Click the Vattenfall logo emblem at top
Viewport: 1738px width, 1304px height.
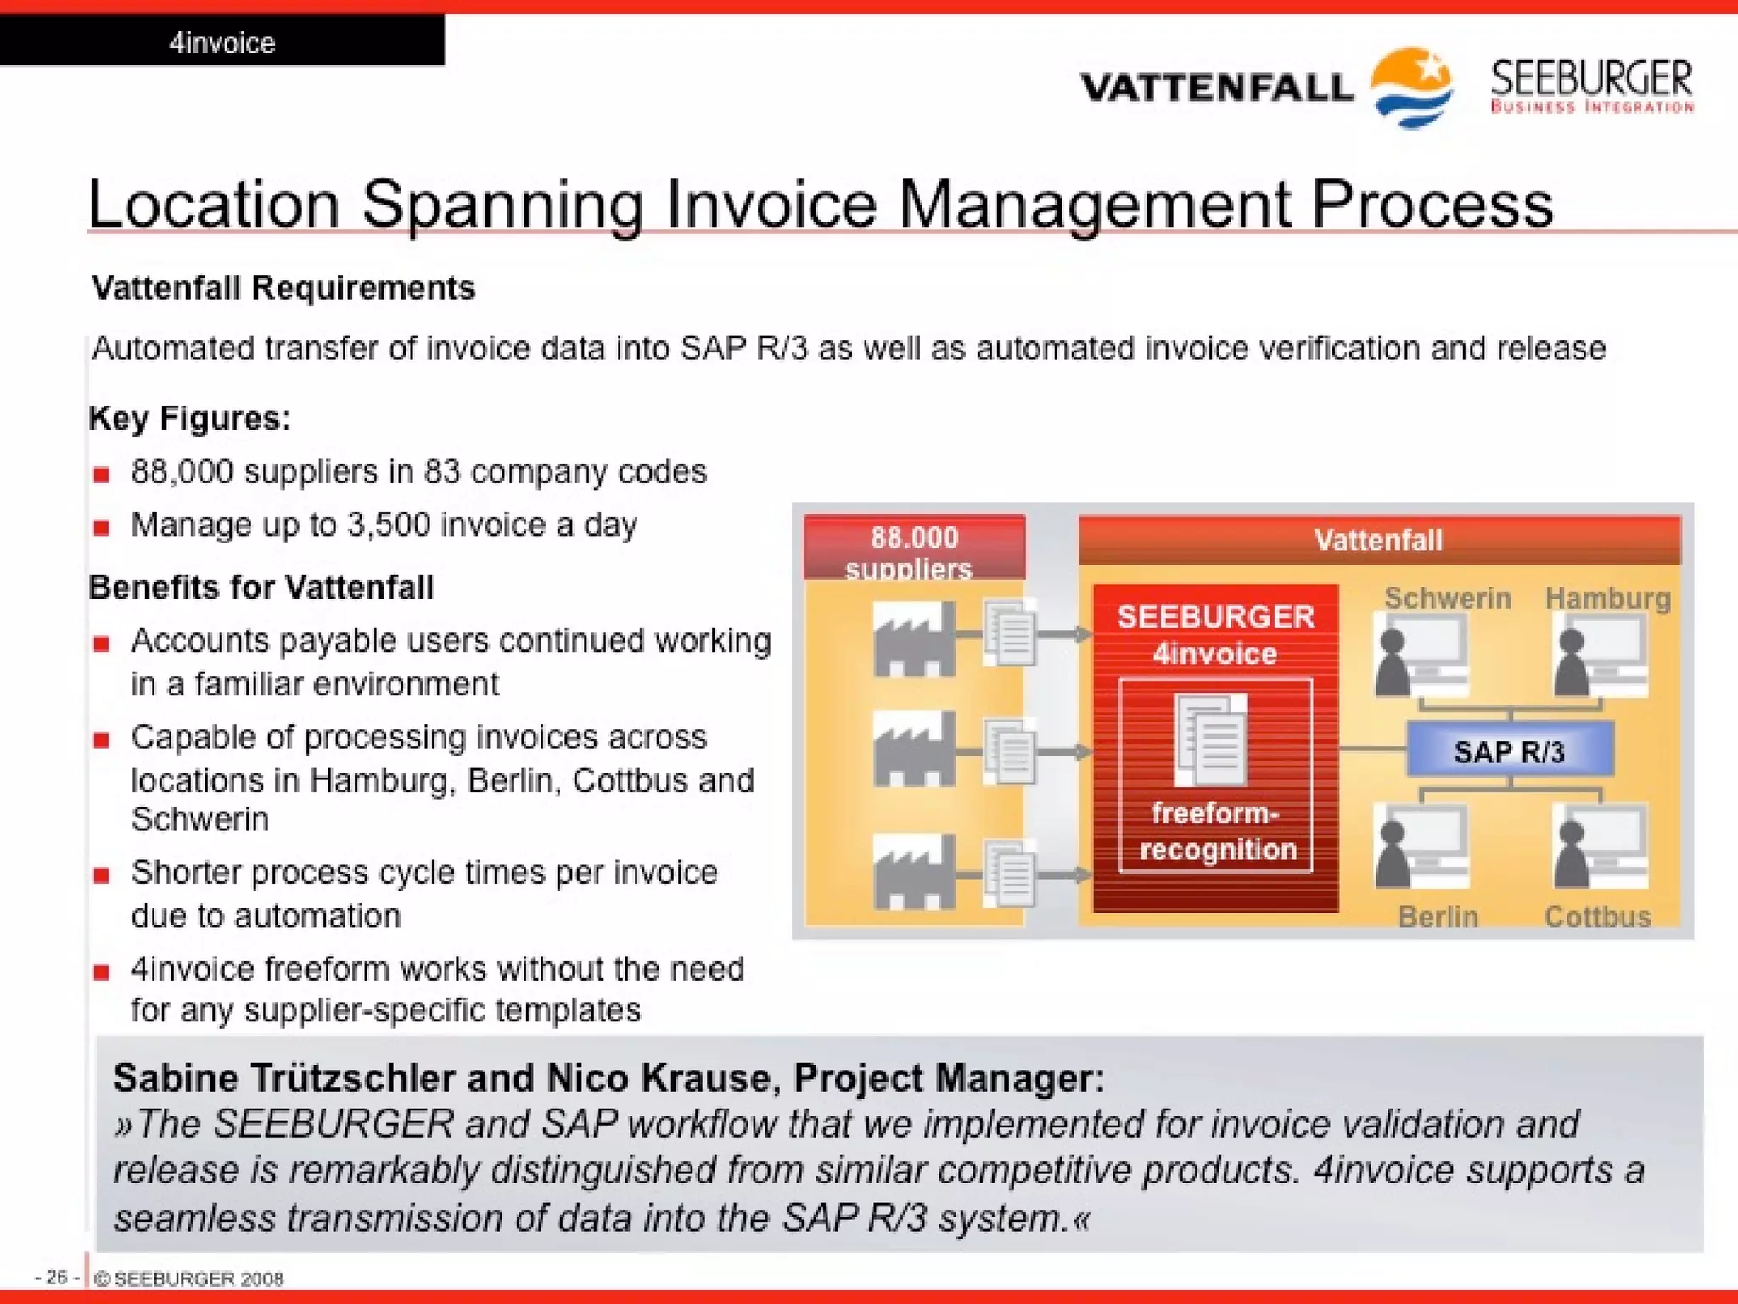click(1411, 86)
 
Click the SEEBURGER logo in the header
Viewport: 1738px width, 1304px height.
click(1591, 85)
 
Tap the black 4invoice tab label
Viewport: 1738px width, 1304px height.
click(222, 42)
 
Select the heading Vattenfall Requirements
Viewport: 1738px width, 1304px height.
click(283, 288)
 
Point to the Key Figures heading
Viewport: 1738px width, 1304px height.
click(189, 419)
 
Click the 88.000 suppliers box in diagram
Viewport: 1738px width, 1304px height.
click(914, 551)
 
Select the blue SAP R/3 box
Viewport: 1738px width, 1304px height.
click(1509, 750)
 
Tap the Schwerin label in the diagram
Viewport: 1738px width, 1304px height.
click(1447, 598)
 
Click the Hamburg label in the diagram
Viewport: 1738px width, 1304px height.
click(1607, 598)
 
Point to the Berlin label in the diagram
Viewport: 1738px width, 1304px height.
click(1438, 917)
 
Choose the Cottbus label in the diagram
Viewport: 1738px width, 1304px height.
click(1597, 917)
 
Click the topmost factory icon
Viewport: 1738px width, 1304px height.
click(913, 638)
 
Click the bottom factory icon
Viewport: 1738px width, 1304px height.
click(913, 871)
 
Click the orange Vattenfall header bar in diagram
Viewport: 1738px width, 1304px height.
click(1378, 540)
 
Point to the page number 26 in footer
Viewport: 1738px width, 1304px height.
click(56, 1277)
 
